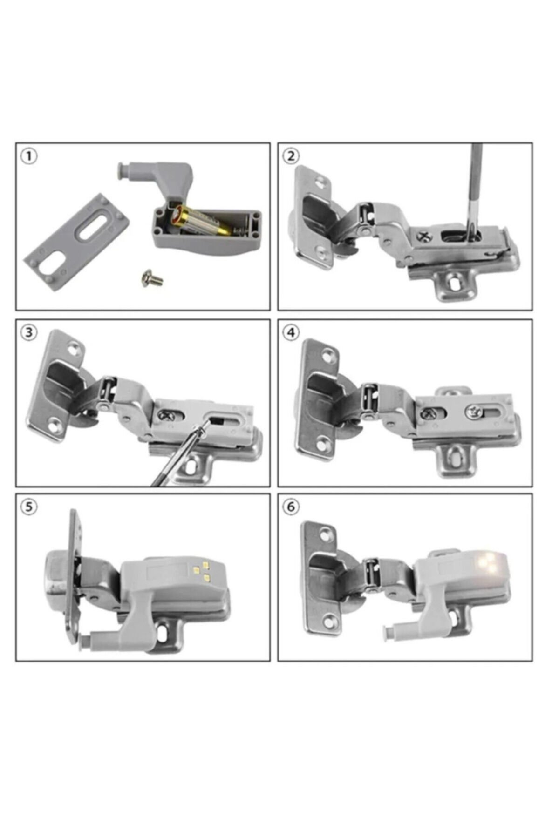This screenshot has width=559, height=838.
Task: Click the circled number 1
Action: click(29, 156)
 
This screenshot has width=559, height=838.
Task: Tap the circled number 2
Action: click(291, 156)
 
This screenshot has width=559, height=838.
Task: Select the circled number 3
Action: click(29, 332)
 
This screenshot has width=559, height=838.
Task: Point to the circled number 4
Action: click(291, 332)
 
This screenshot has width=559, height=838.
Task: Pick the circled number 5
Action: click(29, 507)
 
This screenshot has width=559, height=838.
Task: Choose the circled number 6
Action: click(291, 507)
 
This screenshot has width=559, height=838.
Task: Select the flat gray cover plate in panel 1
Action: click(76, 242)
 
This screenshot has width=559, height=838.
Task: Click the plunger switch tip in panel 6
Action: click(386, 631)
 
